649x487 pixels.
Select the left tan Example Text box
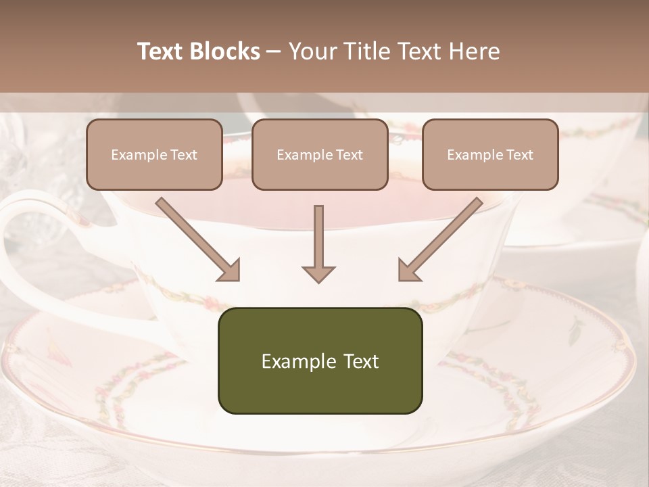[x=154, y=154]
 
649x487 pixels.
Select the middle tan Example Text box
[x=320, y=154]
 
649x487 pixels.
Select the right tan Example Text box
[x=490, y=154]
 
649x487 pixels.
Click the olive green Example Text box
[x=320, y=361]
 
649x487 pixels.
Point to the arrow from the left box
[x=196, y=238]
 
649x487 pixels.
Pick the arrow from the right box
[x=443, y=238]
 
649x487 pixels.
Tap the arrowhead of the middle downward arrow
[x=318, y=274]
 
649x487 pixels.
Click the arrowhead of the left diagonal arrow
[x=230, y=271]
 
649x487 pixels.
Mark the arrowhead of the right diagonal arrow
[x=408, y=271]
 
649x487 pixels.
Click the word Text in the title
[x=160, y=51]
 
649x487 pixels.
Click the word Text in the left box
[x=184, y=155]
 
